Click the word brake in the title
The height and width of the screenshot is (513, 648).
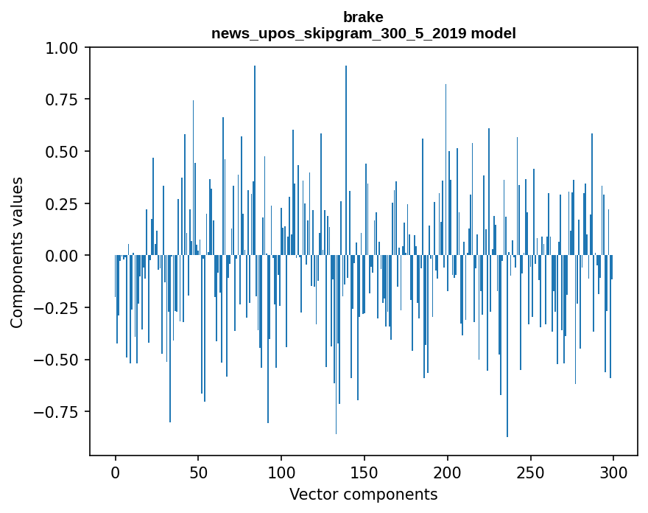click(363, 17)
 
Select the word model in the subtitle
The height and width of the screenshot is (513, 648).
click(496, 33)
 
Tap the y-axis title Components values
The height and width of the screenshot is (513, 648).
click(17, 252)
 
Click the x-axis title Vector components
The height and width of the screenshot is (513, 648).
click(363, 495)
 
